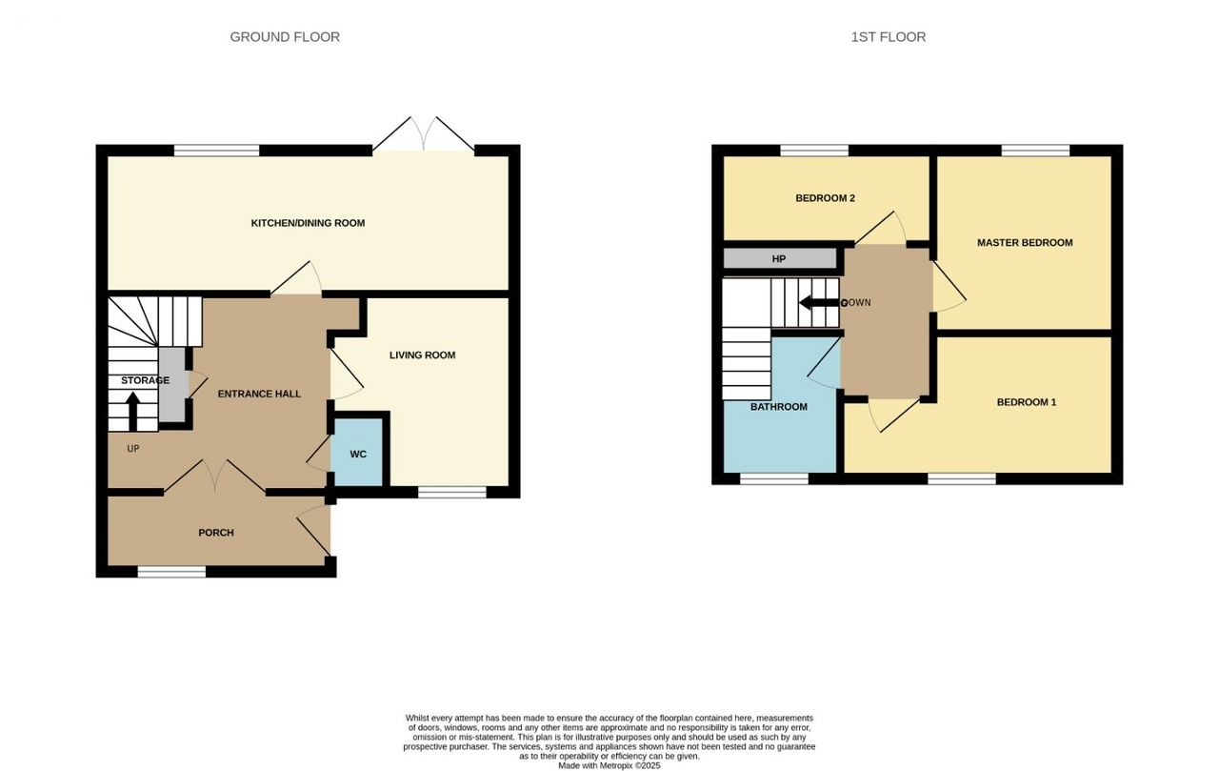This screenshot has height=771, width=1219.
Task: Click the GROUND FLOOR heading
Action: pyautogui.click(x=285, y=37)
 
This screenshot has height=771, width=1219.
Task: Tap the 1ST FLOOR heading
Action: pyautogui.click(x=889, y=37)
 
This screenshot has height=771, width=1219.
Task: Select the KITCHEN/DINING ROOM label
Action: pyautogui.click(x=308, y=223)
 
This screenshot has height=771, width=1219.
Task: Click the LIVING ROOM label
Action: pyautogui.click(x=422, y=355)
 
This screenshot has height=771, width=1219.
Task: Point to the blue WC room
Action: pyautogui.click(x=359, y=452)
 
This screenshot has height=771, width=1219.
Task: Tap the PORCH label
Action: pyautogui.click(x=216, y=533)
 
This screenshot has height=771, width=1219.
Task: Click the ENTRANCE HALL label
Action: pyautogui.click(x=259, y=394)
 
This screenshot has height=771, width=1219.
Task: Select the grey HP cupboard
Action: pyautogui.click(x=779, y=258)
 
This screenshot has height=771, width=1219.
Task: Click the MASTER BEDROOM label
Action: pyautogui.click(x=1025, y=243)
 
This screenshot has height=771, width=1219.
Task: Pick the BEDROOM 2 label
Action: pyautogui.click(x=825, y=198)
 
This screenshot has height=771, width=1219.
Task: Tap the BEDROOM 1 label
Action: pyautogui.click(x=1027, y=402)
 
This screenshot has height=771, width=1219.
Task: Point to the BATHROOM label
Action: pyautogui.click(x=779, y=407)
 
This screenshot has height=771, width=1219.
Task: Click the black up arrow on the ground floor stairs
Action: pyautogui.click(x=132, y=411)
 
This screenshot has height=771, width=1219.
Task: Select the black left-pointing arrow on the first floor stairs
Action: pyautogui.click(x=819, y=303)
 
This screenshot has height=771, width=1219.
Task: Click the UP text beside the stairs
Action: pyautogui.click(x=133, y=449)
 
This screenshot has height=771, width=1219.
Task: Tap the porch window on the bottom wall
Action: pyautogui.click(x=171, y=571)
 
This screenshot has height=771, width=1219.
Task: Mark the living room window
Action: pyautogui.click(x=451, y=492)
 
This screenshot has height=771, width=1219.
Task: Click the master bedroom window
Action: pyautogui.click(x=1035, y=151)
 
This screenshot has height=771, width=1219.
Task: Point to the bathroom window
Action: pyautogui.click(x=774, y=478)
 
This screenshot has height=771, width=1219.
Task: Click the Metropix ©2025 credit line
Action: pyautogui.click(x=609, y=765)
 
